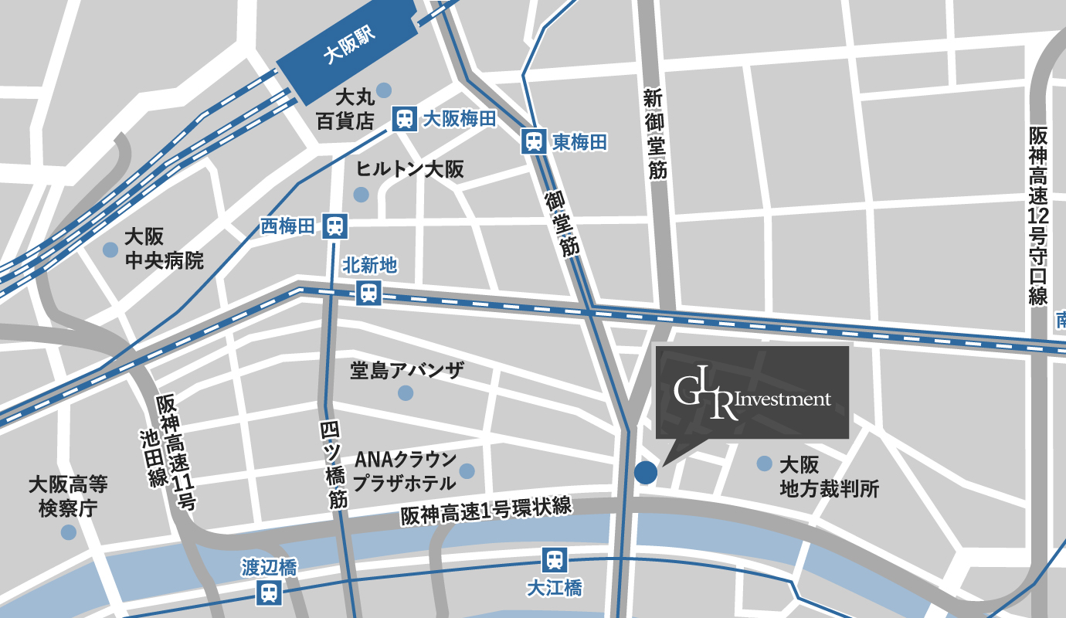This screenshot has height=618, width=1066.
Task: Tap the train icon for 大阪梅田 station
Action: pyautogui.click(x=403, y=119)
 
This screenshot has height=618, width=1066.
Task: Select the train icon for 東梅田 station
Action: pyautogui.click(x=533, y=141)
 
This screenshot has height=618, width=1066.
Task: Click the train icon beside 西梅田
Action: pyautogui.click(x=334, y=226)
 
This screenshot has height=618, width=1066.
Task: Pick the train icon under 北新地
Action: pyautogui.click(x=368, y=293)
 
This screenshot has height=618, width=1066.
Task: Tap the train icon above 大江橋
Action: pyautogui.click(x=553, y=559)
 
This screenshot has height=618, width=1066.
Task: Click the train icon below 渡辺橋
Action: pyautogui.click(x=269, y=593)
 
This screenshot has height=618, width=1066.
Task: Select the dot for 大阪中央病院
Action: pyautogui.click(x=110, y=250)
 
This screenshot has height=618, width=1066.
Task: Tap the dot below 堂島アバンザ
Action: pyautogui.click(x=406, y=393)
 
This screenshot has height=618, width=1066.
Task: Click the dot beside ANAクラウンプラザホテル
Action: pyautogui.click(x=467, y=470)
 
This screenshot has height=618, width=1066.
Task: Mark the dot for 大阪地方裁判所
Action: pyautogui.click(x=764, y=463)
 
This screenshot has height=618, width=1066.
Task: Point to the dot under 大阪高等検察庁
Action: pyautogui.click(x=69, y=532)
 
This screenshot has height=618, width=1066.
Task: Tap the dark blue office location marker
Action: pyautogui.click(x=646, y=472)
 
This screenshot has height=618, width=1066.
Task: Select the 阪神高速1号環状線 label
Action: pyautogui.click(x=486, y=511)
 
